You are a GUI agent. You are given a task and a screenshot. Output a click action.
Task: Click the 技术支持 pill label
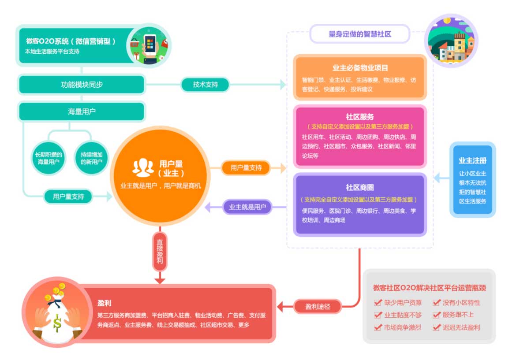click(x=205, y=84)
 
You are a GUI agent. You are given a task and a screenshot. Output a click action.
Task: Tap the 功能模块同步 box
click(x=82, y=85)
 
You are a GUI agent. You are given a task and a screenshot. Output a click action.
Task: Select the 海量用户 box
click(x=82, y=111)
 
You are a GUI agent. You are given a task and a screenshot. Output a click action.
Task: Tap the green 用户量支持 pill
click(x=68, y=197)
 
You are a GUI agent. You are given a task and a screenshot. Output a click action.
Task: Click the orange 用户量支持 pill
click(x=246, y=167)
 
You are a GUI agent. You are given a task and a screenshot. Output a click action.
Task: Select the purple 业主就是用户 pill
click(x=247, y=207)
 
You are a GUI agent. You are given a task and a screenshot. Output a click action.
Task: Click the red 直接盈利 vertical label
click(x=160, y=251)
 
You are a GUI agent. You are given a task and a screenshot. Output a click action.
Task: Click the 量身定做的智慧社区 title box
click(x=360, y=34)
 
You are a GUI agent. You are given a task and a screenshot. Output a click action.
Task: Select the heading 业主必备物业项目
click(x=360, y=68)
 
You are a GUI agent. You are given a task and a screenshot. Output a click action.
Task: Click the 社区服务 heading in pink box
click(x=360, y=117)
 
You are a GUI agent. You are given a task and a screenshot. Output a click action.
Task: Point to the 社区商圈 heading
click(x=360, y=188)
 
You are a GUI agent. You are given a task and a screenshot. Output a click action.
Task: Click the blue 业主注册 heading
click(x=472, y=160)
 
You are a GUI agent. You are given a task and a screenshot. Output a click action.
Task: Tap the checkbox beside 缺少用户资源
click(x=378, y=303)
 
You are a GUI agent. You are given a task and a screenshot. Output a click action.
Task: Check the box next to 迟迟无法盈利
click(x=437, y=327)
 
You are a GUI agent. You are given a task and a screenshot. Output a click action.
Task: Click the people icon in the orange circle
click(x=143, y=167)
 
